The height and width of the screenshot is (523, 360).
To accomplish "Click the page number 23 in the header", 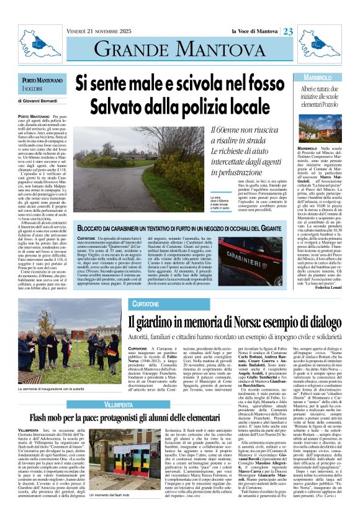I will [x=289, y=32].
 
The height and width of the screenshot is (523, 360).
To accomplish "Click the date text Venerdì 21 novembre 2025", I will [x=99, y=31].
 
